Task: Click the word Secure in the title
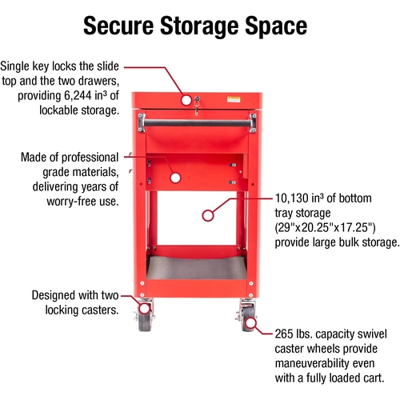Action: tap(118, 26)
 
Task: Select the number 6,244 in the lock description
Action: tap(78, 96)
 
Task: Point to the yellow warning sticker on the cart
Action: tap(234, 99)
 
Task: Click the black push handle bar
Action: tap(198, 123)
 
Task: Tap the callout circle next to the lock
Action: tap(186, 100)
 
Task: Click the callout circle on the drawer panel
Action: tap(175, 178)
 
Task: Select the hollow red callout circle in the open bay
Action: tap(208, 216)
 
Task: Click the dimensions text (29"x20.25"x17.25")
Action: tap(325, 228)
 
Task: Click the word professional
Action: tap(90, 158)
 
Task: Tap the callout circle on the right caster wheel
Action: tap(250, 323)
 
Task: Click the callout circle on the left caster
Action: tap(145, 309)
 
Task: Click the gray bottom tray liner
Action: tap(197, 267)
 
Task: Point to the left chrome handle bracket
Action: tap(142, 122)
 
